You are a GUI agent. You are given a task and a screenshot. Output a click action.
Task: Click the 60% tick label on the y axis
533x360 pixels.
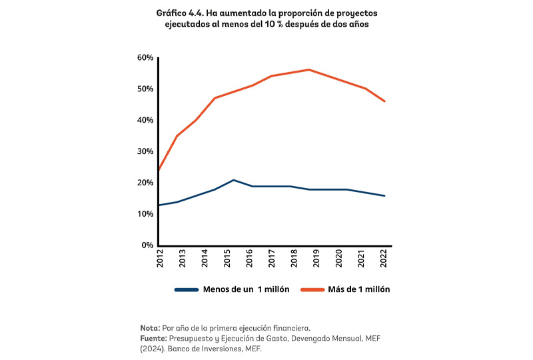(x=145, y=57)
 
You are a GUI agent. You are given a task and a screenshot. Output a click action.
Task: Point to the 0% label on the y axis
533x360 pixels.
(x=147, y=245)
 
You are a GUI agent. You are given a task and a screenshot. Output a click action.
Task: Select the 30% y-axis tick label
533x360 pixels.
(x=145, y=151)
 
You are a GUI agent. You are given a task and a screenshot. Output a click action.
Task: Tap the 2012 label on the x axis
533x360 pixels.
(x=161, y=259)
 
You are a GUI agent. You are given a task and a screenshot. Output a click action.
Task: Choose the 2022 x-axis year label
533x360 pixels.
(x=384, y=259)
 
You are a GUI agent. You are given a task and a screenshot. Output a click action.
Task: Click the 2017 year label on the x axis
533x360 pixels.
(x=272, y=259)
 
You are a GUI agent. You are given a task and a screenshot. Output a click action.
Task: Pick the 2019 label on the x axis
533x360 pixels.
(x=317, y=259)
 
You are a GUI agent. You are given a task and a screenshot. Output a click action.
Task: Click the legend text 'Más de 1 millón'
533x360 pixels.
(x=359, y=289)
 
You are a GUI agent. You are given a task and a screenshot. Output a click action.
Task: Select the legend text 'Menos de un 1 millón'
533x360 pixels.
(x=245, y=289)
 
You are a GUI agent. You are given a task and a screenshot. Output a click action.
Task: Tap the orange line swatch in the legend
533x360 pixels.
(x=311, y=289)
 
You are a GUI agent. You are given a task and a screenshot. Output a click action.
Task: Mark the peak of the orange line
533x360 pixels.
(x=309, y=69)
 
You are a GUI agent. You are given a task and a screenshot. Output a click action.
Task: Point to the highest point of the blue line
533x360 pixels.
(x=233, y=180)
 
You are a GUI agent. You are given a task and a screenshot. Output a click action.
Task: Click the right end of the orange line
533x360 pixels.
(x=384, y=101)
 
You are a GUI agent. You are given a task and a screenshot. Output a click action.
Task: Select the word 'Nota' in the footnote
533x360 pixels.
(x=149, y=329)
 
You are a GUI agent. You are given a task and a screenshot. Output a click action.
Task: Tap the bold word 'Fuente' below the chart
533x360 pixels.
(x=153, y=338)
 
